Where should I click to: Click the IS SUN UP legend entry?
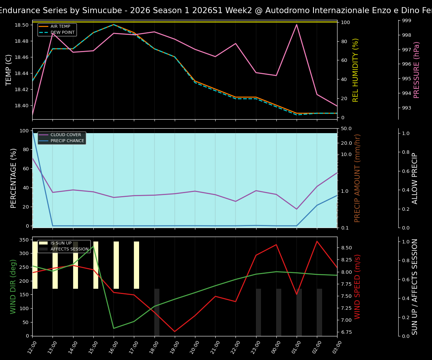click(x=60, y=243)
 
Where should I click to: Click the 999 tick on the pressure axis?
click(x=406, y=21)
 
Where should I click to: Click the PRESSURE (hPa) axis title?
click(x=417, y=70)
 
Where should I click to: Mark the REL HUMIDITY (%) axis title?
click(x=355, y=70)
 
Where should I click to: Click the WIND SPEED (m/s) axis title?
click(x=357, y=286)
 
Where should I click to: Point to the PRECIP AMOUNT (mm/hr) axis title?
click(x=357, y=178)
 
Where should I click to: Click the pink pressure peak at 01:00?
click(x=297, y=25)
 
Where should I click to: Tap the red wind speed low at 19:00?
click(x=174, y=331)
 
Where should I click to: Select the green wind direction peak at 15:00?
click(x=93, y=246)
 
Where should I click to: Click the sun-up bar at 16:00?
click(x=116, y=265)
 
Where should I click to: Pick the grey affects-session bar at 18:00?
click(x=157, y=312)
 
